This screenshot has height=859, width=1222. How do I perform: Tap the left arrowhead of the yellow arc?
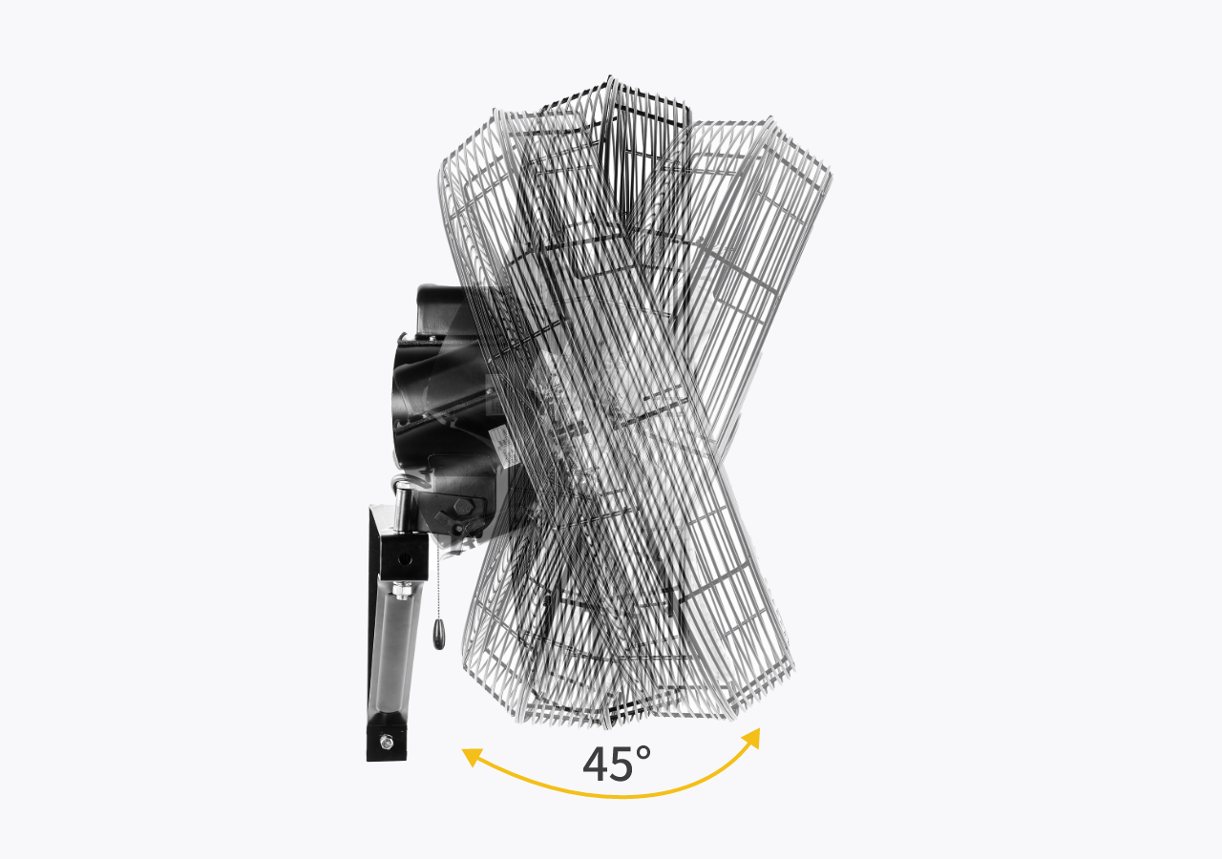click(472, 757)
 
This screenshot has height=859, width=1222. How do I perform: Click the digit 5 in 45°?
click(625, 765)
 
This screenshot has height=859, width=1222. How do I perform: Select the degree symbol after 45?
click(643, 753)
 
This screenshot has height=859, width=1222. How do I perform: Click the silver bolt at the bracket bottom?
click(387, 742)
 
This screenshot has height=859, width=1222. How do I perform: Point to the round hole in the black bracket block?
click(404, 559)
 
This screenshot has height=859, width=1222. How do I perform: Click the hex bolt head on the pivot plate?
click(463, 507)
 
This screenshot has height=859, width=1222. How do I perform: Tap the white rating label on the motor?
click(503, 448)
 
